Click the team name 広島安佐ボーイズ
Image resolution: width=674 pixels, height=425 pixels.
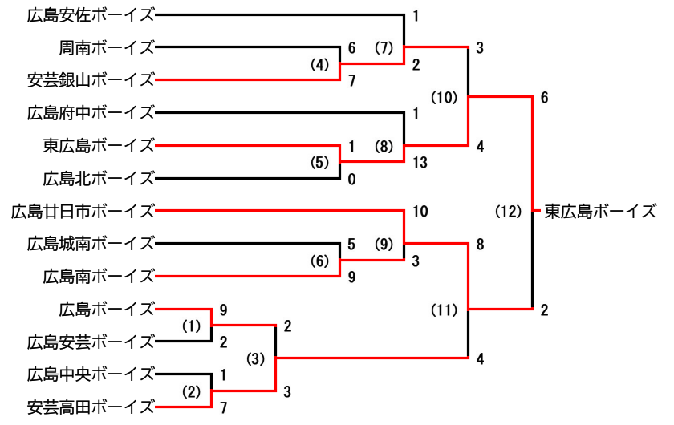pos(90,14)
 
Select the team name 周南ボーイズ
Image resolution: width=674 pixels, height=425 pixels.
pos(106,47)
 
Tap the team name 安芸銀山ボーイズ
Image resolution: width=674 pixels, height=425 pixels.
pos(90,79)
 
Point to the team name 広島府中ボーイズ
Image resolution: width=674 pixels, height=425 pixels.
pos(90,112)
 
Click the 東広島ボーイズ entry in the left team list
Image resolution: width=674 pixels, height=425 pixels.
pos(98,145)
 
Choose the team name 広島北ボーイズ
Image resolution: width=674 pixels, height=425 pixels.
pos(98,178)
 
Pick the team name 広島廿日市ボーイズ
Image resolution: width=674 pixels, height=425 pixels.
pos(82,211)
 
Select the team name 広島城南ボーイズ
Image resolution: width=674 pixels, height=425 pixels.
pos(90,243)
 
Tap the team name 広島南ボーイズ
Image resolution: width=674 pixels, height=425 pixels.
pos(98,276)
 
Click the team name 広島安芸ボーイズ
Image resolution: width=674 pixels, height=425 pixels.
pos(90,342)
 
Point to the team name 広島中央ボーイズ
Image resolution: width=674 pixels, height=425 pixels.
pos(90,374)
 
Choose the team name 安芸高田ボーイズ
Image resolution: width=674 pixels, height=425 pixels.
pos(90,407)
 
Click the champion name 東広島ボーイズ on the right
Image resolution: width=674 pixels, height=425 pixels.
pos(601,212)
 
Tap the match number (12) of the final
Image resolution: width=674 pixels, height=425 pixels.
pos(508,212)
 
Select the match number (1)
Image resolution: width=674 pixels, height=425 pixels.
pos(189,326)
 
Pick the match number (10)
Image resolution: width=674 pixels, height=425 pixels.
pos(444,97)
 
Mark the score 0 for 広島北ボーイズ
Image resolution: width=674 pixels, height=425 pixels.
pos(351,180)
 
